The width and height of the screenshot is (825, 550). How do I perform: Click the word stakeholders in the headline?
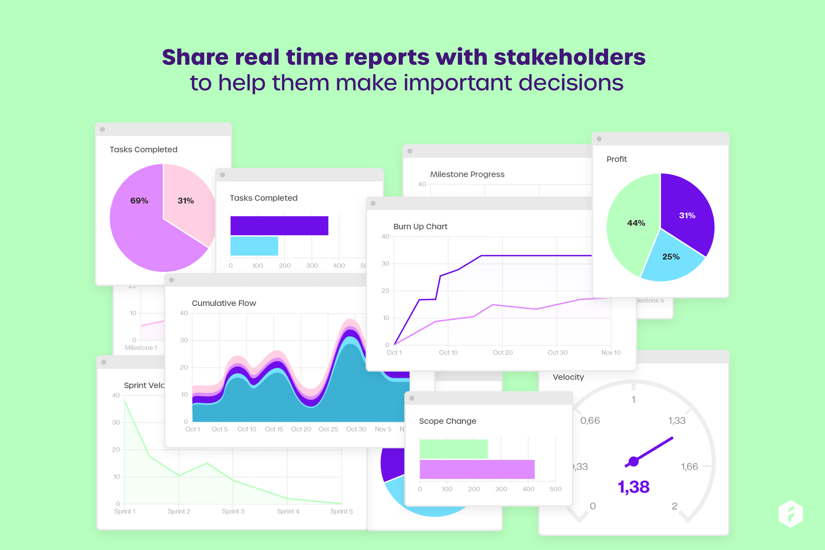click(x=569, y=57)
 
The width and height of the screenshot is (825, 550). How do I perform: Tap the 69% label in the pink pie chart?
click(x=139, y=201)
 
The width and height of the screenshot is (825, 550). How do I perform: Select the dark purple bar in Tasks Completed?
click(x=279, y=226)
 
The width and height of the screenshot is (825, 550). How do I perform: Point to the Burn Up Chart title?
click(x=420, y=226)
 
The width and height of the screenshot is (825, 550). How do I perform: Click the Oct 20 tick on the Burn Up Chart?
click(x=503, y=353)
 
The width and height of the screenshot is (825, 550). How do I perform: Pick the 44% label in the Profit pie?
click(x=636, y=223)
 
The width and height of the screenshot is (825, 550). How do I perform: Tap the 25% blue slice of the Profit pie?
click(x=671, y=260)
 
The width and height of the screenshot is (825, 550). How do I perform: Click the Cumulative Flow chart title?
click(x=224, y=303)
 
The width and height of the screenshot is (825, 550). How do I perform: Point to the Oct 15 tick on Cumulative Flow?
click(x=274, y=429)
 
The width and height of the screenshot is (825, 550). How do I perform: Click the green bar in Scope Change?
click(x=453, y=449)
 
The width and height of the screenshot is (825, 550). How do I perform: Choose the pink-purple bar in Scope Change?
click(x=477, y=469)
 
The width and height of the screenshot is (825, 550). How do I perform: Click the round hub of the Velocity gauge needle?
click(x=634, y=462)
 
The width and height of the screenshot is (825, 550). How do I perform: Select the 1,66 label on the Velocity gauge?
click(x=689, y=467)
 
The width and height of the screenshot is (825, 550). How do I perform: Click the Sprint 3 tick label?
click(x=233, y=511)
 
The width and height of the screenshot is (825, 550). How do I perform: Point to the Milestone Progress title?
click(x=467, y=175)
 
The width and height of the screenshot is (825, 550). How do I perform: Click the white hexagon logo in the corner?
click(x=790, y=514)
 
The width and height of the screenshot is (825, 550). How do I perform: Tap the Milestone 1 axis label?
click(x=141, y=348)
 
